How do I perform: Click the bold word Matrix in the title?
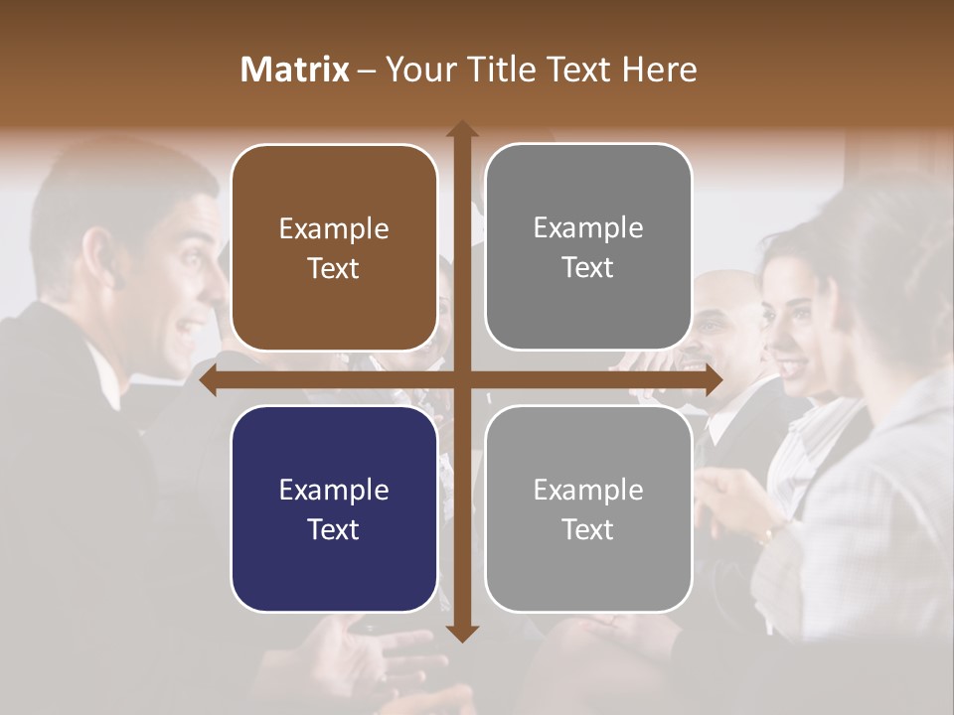[294, 70]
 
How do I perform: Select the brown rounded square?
[334, 248]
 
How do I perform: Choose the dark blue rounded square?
[334, 509]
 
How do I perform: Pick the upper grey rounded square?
[588, 247]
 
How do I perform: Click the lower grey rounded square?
[588, 508]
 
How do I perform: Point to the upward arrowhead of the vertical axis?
[462, 130]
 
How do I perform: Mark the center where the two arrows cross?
[462, 379]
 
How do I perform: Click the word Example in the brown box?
[334, 229]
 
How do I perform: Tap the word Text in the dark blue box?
[334, 529]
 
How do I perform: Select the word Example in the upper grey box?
[588, 228]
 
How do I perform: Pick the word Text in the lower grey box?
[588, 528]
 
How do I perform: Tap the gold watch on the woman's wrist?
[768, 533]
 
